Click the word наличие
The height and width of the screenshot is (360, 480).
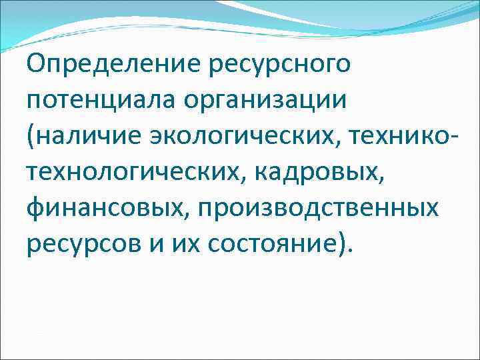[83, 137]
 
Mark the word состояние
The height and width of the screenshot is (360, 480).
[270, 245]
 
